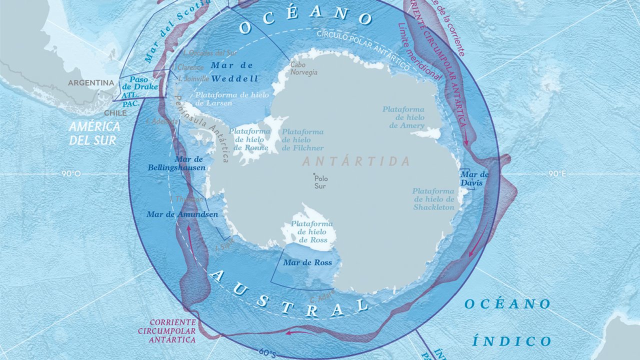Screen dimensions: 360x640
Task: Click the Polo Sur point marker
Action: click(x=314, y=174)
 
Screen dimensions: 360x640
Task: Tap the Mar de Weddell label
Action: click(x=234, y=72)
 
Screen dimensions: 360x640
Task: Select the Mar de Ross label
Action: click(x=307, y=262)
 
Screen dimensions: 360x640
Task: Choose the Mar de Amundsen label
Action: click(x=182, y=214)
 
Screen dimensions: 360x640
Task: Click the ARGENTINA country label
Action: click(x=91, y=82)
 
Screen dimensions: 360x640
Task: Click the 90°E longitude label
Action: click(x=556, y=174)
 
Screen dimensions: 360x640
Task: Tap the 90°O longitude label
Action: click(x=71, y=174)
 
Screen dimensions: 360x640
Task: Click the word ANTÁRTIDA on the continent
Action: click(x=355, y=161)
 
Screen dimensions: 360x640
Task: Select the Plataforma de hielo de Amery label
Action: click(x=403, y=117)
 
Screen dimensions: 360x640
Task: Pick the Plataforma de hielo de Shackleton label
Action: click(x=433, y=199)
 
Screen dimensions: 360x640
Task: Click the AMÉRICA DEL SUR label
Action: click(x=94, y=133)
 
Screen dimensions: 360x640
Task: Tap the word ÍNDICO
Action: click(x=511, y=341)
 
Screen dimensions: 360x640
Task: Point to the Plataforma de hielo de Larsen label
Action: click(x=232, y=98)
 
